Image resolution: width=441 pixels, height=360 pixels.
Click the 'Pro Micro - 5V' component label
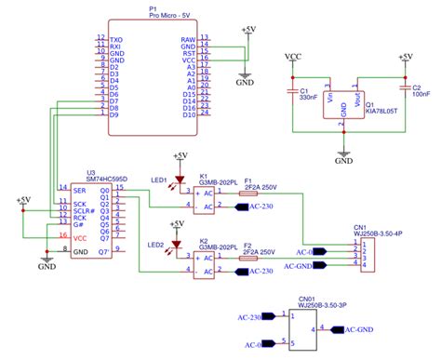click(x=153, y=15)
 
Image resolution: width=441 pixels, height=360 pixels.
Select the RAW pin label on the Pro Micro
click(x=188, y=39)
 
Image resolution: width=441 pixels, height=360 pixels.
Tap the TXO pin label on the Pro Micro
click(x=116, y=39)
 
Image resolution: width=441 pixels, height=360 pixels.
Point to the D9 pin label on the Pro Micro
click(x=114, y=115)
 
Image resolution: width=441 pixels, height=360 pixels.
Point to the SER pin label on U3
click(x=80, y=190)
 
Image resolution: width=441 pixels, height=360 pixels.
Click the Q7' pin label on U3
click(x=105, y=252)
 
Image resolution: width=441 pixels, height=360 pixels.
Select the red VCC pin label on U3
click(x=80, y=238)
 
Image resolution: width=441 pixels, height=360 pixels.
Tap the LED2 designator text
click(x=155, y=246)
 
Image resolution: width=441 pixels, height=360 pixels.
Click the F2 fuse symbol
click(x=248, y=260)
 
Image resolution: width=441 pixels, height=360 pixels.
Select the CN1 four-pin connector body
click(x=368, y=254)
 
